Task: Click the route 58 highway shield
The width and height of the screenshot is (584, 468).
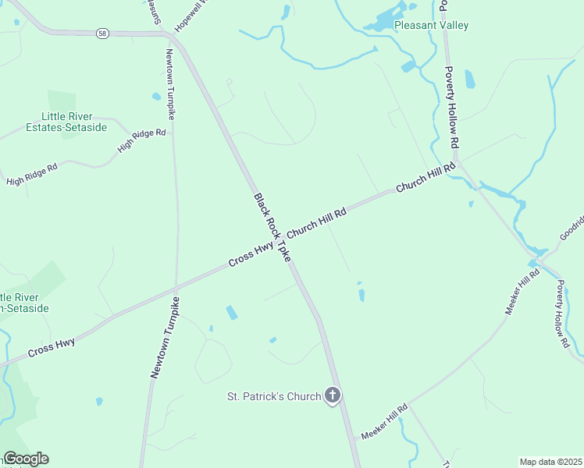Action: coord(102,33)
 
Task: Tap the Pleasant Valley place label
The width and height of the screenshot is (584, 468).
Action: coord(431,26)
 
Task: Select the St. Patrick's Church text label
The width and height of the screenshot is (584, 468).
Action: coord(273,396)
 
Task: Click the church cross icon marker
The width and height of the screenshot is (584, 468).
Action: coord(333,395)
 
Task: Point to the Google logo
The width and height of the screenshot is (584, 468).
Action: coord(26,459)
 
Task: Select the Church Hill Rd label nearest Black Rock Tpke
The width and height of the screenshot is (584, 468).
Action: coord(316,223)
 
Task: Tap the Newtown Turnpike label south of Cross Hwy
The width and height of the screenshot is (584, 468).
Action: coord(164,338)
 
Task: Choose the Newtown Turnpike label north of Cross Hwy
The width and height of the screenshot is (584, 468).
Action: coord(169,83)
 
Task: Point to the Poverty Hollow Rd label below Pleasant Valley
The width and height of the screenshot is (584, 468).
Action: coord(450,108)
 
